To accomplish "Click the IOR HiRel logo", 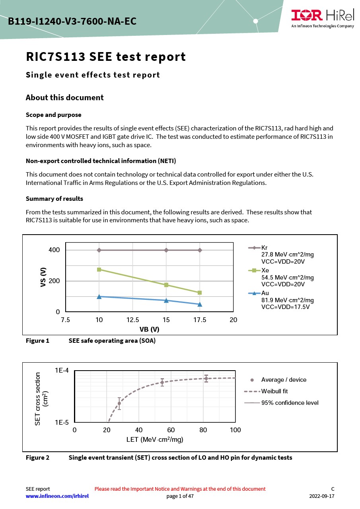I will click(322, 17).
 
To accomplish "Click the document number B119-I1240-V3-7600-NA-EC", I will click(72, 21).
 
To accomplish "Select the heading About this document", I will click(64, 98).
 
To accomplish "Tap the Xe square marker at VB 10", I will click(99, 270).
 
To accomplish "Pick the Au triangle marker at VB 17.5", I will click(200, 304).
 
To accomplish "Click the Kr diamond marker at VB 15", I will click(166, 250).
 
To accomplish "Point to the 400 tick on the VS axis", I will click(54, 250).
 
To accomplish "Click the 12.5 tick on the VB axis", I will click(132, 320).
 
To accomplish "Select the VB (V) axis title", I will click(149, 329).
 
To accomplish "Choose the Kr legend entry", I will click(264, 248).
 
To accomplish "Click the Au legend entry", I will click(265, 293).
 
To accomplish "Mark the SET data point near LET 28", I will click(119, 403).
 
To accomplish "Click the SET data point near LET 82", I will click(206, 379).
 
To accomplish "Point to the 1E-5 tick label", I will click(62, 422).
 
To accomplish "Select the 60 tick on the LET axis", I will click(171, 430).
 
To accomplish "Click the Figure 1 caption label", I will click(37, 341).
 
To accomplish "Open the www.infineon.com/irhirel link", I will click(57, 496).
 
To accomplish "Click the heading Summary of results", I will click(54, 198).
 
